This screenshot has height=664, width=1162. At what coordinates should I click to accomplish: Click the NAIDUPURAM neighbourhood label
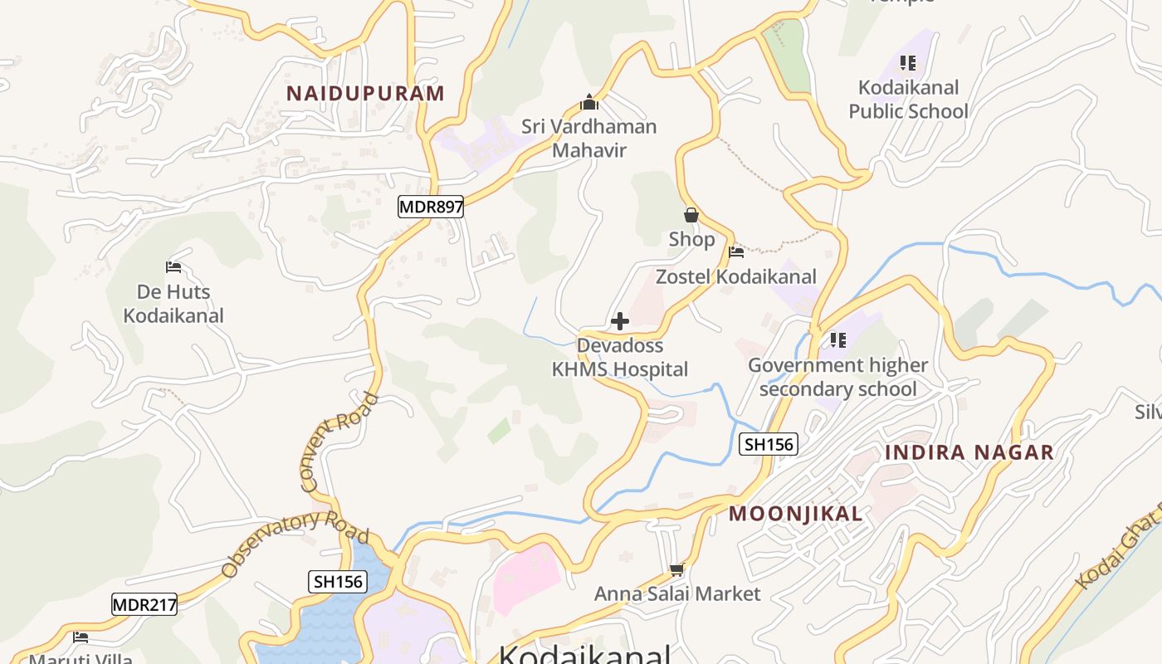pyautogui.click(x=365, y=93)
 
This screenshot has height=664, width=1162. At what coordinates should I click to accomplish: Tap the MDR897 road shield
pyautogui.click(x=430, y=207)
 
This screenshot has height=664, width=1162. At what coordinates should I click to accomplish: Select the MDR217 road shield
pyautogui.click(x=144, y=604)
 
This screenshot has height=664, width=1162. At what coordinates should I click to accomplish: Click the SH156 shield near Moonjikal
pyautogui.click(x=769, y=444)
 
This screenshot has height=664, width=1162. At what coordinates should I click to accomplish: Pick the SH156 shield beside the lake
pyautogui.click(x=338, y=581)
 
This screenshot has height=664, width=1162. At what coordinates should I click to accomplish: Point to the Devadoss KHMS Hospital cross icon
pyautogui.click(x=620, y=321)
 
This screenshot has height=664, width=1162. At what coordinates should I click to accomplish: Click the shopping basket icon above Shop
pyautogui.click(x=691, y=216)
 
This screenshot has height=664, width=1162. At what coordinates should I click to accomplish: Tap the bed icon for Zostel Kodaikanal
pyautogui.click(x=736, y=252)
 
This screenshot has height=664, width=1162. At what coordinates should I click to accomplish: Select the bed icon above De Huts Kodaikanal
pyautogui.click(x=173, y=267)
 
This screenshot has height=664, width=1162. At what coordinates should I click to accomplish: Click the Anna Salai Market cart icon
pyautogui.click(x=676, y=569)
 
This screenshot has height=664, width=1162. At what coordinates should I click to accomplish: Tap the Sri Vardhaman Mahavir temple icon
pyautogui.click(x=589, y=103)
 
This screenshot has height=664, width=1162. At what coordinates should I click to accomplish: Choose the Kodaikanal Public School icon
pyautogui.click(x=907, y=63)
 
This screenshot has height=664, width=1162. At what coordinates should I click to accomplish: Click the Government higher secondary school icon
pyautogui.click(x=837, y=340)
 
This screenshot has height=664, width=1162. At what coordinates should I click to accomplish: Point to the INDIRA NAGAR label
pyautogui.click(x=969, y=452)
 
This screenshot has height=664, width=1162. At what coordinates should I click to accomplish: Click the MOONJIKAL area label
pyautogui.click(x=795, y=514)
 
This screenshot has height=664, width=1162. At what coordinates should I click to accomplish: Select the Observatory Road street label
pyautogui.click(x=295, y=543)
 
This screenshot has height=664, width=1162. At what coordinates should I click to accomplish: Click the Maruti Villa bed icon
pyautogui.click(x=81, y=637)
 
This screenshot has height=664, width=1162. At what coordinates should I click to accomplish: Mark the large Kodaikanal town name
pyautogui.click(x=584, y=654)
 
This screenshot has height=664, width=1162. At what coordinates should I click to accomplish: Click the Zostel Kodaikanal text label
pyautogui.click(x=736, y=276)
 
